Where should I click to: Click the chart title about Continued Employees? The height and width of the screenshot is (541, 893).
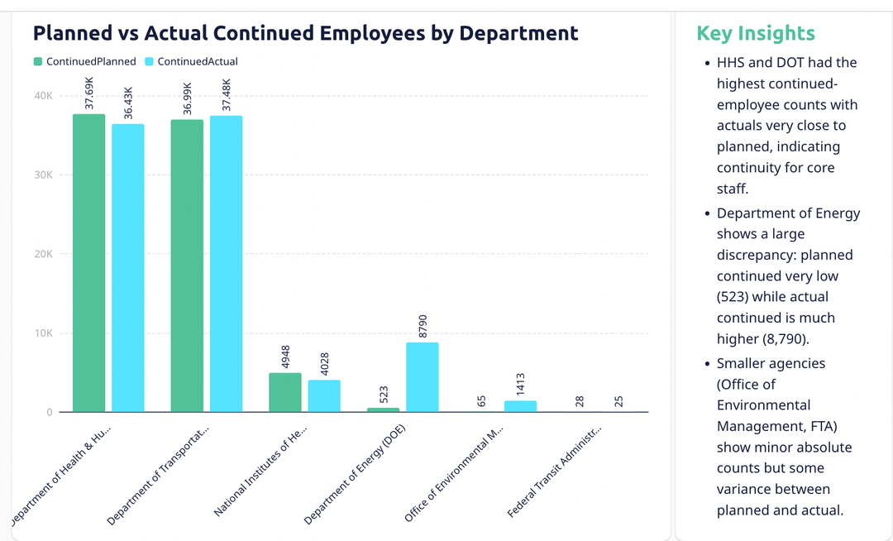pyautogui.click(x=305, y=33)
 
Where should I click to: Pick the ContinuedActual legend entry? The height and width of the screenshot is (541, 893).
pyautogui.click(x=191, y=61)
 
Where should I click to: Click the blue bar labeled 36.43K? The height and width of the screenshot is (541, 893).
pyautogui.click(x=128, y=268)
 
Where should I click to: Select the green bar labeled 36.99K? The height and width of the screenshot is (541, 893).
pyautogui.click(x=187, y=266)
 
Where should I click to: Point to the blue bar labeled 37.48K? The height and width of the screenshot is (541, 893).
pyautogui.click(x=226, y=264)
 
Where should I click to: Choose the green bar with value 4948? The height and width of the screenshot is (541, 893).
pyautogui.click(x=285, y=392)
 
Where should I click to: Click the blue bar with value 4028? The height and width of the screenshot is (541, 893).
pyautogui.click(x=324, y=396)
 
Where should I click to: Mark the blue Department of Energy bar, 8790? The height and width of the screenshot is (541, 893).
pyautogui.click(x=422, y=377)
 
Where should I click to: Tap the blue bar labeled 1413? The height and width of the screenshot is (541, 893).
pyautogui.click(x=520, y=406)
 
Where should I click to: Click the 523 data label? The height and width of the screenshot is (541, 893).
pyautogui.click(x=383, y=395)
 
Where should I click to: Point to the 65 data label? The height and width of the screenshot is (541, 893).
pyautogui.click(x=481, y=401)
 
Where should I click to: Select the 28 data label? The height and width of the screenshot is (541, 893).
pyautogui.click(x=580, y=401)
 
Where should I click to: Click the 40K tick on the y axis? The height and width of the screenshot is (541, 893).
pyautogui.click(x=43, y=96)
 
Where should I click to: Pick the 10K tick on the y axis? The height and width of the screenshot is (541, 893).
pyautogui.click(x=43, y=333)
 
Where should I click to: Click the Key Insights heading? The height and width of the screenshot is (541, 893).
pyautogui.click(x=755, y=33)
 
